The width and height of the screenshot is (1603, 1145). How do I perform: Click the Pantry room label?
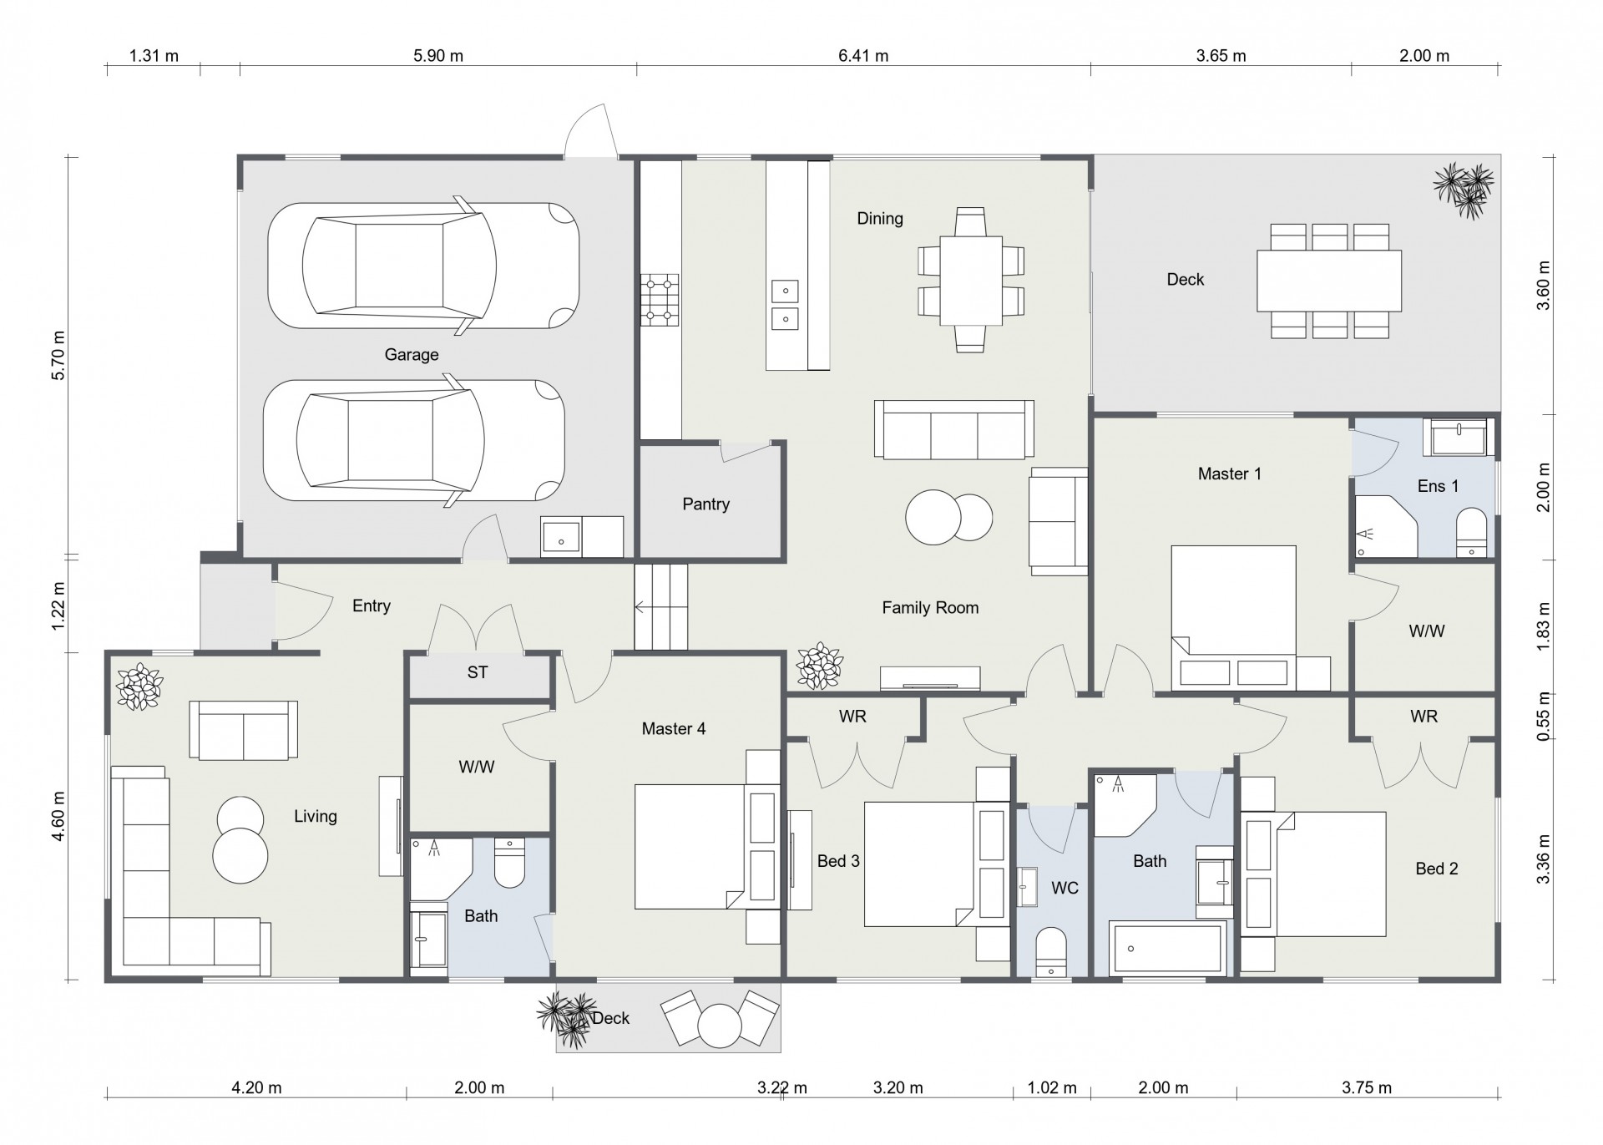pos(705,504)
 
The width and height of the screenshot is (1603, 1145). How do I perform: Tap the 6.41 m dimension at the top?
pos(863,56)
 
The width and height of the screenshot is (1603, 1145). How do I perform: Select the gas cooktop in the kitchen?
pos(660,301)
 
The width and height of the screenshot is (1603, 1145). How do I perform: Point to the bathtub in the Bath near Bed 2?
pos(1168,948)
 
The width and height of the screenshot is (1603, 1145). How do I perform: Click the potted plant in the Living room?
pos(139,686)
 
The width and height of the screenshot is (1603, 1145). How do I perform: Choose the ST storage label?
pos(478,672)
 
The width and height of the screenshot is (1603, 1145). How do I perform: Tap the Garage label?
pos(412,354)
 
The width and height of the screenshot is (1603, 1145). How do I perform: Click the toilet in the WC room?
pos(1051,951)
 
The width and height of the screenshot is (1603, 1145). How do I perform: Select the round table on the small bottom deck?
pos(719,1025)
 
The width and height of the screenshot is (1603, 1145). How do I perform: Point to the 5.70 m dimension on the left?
pos(58,357)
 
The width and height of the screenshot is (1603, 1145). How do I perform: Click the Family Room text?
pos(930,608)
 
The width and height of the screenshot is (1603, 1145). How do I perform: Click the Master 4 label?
pos(674,729)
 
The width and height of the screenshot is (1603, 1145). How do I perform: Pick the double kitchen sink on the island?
pos(785,305)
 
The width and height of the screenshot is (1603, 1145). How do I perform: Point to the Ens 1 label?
pos(1438,486)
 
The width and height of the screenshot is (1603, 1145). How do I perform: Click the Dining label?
pos(880,219)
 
